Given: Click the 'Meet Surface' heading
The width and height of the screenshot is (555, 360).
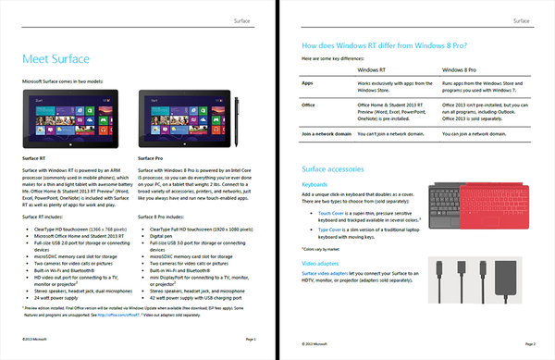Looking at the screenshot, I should coord(55,59).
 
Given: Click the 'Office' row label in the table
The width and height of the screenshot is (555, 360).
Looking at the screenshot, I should coord(312,105).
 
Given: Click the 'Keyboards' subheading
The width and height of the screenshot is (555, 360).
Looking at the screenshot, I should coord(318,183).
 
